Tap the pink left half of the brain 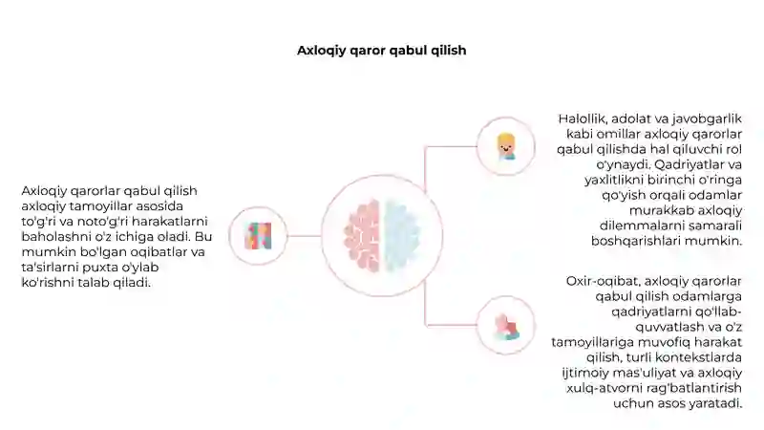tap(362, 235)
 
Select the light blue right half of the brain tap(402, 235)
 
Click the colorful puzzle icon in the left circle tap(258, 236)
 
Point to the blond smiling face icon tap(506, 146)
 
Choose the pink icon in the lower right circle tap(506, 326)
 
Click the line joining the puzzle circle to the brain tap(304, 236)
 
